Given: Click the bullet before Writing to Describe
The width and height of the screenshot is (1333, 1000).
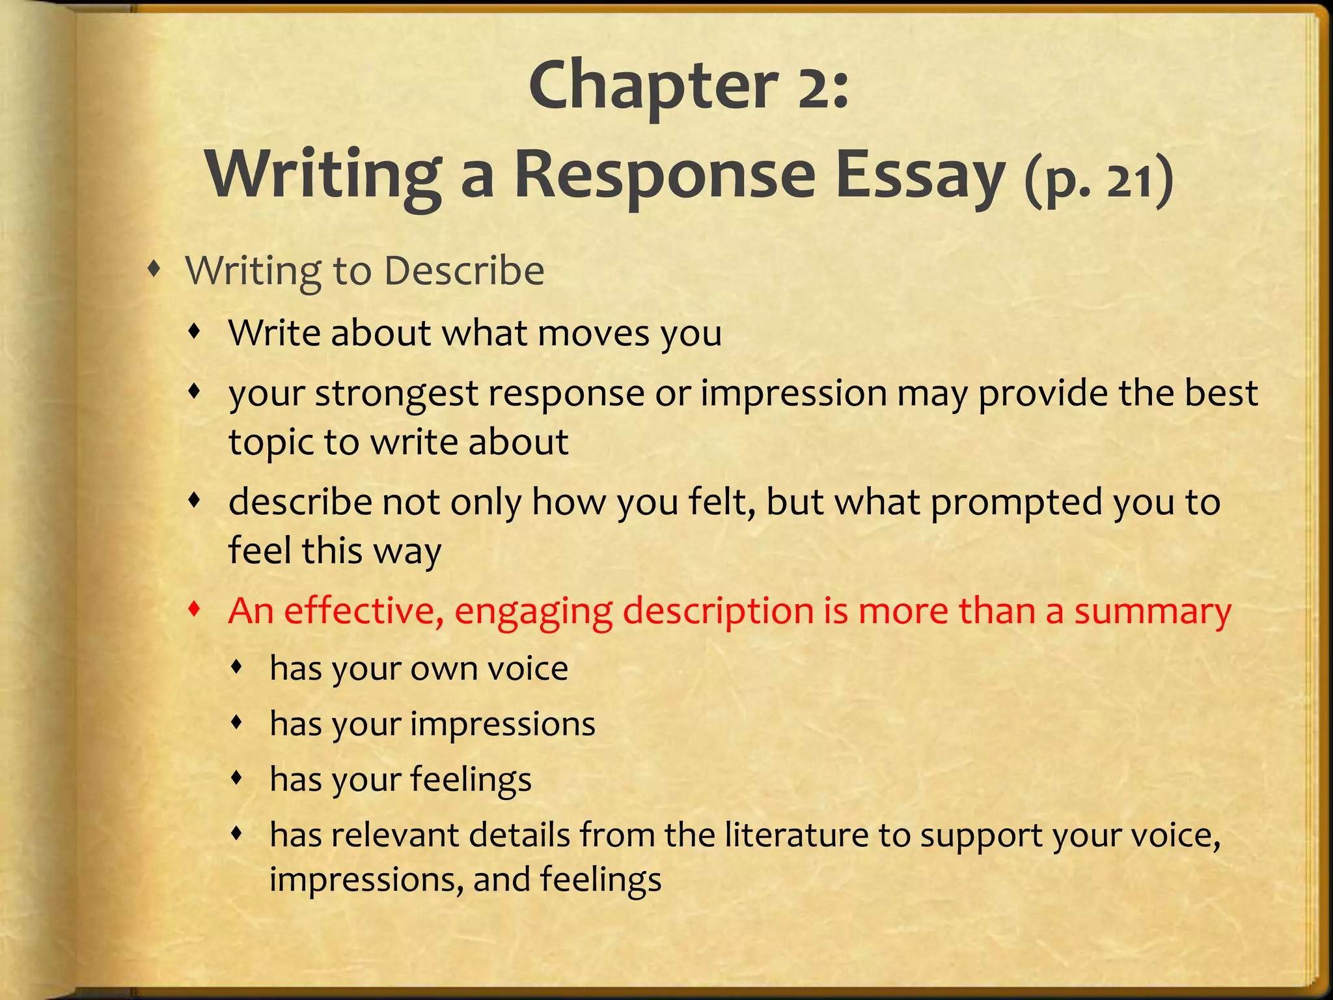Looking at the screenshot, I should point(154,268).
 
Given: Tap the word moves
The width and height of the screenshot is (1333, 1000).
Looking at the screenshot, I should point(594,333).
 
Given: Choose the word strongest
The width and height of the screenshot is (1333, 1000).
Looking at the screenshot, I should point(396,395).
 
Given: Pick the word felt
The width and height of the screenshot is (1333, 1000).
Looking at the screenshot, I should point(722,502).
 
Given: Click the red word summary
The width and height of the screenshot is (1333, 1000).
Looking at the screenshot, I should point(1152,612).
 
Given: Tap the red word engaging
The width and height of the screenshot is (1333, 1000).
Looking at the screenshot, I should point(533,612).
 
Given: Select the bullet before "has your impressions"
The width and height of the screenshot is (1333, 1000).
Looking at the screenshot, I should point(238,721).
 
